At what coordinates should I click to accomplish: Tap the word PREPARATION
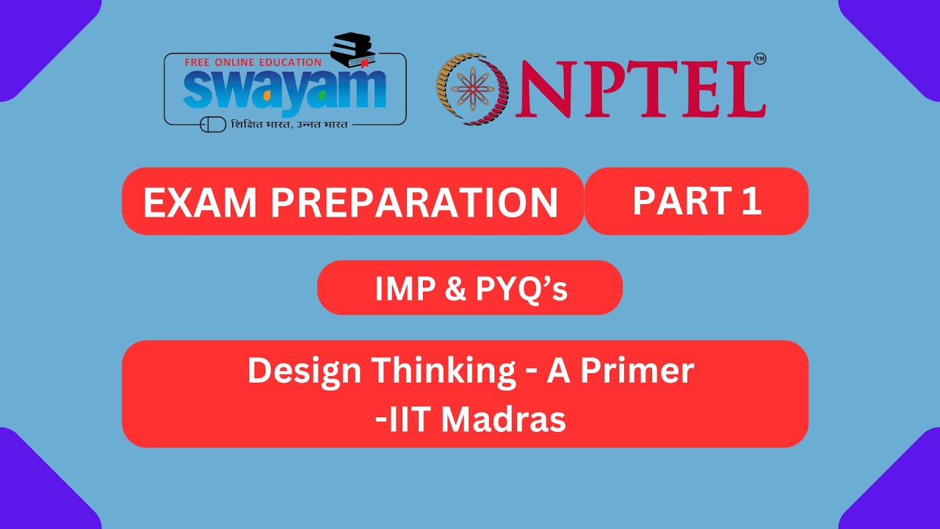(x=414, y=204)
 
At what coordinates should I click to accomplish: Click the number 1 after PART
(x=751, y=201)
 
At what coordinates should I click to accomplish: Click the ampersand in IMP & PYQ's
(x=455, y=289)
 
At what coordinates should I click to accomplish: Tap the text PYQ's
(x=521, y=289)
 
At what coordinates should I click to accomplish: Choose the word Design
(x=304, y=371)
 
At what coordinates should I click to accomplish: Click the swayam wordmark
(x=284, y=90)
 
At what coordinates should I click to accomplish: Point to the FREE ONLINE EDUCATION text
(x=253, y=62)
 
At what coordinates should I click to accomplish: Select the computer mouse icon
(x=213, y=125)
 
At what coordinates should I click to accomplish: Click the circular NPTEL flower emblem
(x=472, y=88)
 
